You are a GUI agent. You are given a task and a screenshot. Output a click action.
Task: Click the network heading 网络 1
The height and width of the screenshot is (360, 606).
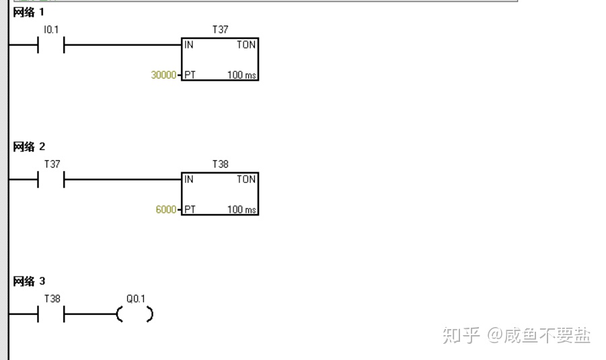[29, 12]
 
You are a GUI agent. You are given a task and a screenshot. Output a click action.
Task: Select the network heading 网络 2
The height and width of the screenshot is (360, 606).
[29, 147]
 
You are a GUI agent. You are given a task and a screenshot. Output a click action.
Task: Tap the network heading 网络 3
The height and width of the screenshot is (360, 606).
[29, 281]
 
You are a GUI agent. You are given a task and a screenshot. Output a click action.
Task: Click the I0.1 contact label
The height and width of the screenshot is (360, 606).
[51, 30]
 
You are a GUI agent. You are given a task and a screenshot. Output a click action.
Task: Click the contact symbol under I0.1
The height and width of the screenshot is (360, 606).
[51, 46]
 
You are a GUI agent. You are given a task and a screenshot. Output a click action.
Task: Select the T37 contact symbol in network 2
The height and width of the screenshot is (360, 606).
[51, 180]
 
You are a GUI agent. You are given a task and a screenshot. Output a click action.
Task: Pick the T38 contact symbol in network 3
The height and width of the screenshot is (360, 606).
[51, 314]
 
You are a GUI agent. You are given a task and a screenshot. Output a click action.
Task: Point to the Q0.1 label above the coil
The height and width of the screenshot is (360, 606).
[136, 299]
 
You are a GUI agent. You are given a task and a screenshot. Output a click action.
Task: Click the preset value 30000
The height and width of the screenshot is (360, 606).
[163, 75]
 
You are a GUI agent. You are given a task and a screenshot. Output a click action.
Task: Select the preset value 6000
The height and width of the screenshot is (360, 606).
[166, 210]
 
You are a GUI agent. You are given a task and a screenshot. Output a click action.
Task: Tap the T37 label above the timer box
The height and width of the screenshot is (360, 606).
[220, 30]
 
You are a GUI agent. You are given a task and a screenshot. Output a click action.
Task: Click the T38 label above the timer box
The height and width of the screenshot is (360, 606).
[220, 164]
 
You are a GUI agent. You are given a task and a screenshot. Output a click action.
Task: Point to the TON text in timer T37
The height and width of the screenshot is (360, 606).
[245, 45]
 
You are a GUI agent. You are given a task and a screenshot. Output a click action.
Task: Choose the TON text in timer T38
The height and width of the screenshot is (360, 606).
[245, 180]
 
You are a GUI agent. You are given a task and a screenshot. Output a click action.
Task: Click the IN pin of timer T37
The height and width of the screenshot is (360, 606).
[189, 45]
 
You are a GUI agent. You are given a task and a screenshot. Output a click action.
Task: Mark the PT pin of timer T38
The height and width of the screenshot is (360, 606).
[190, 210]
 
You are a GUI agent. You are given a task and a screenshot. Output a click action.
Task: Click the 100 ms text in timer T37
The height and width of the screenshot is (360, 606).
[241, 75]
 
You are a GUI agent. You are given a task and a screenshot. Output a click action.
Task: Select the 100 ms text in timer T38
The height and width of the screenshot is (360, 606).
[241, 210]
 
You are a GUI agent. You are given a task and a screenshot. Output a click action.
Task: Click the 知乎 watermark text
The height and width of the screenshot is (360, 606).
[461, 335]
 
